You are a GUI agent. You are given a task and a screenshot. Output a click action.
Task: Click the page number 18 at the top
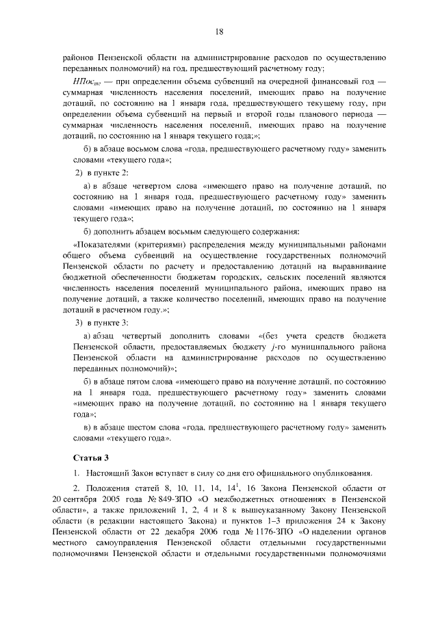219,31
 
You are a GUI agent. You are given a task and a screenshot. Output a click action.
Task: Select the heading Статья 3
91,456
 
